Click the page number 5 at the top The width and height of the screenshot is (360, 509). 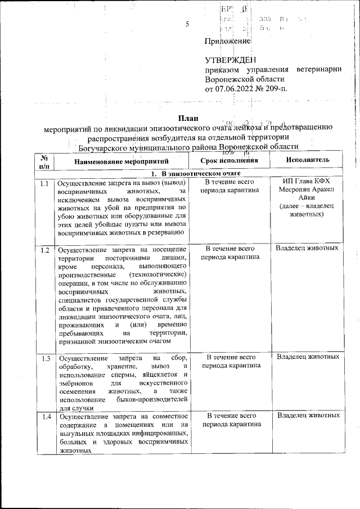[x=187, y=24]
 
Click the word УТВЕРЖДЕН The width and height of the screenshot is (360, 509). [x=230, y=60]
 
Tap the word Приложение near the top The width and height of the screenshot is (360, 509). [x=227, y=41]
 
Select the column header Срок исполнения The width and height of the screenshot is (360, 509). [x=229, y=160]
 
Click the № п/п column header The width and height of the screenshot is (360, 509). [x=45, y=161]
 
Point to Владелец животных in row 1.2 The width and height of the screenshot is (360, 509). [x=307, y=248]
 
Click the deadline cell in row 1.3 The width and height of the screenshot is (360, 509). [x=231, y=361]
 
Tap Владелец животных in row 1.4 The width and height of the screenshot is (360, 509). [x=307, y=415]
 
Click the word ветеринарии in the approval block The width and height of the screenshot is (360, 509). [x=318, y=70]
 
